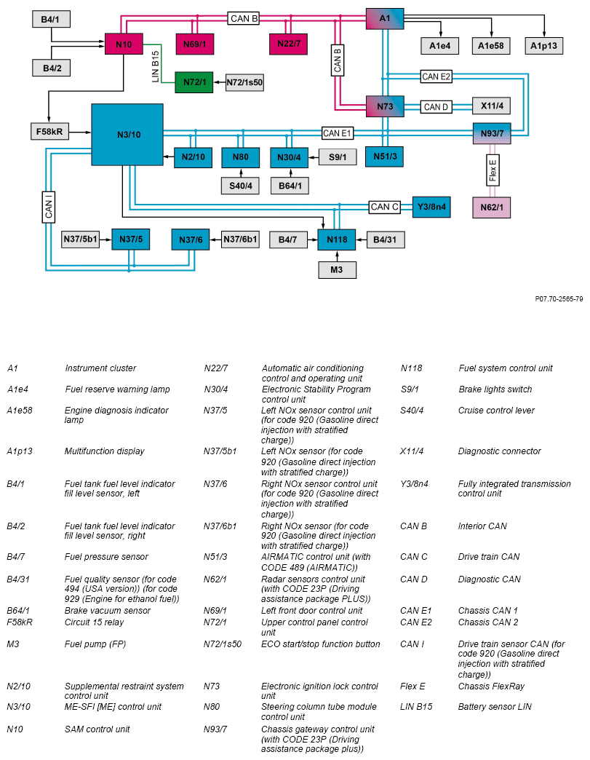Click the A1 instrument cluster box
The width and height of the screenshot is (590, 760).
(385, 18)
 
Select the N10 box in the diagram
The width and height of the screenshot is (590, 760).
(124, 44)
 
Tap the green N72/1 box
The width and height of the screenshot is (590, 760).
(194, 82)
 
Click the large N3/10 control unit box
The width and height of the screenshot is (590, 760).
(127, 134)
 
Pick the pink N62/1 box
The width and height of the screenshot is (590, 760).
(493, 207)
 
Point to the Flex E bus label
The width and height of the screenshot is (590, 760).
(493, 170)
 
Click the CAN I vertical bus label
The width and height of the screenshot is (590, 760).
(49, 206)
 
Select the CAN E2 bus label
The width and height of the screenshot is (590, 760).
(436, 76)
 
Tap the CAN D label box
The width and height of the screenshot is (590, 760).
(436, 107)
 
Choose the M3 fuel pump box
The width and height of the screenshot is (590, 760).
(337, 269)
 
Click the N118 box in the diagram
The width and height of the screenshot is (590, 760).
(337, 240)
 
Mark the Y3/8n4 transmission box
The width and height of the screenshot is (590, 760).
(433, 207)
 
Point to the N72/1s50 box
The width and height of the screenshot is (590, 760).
(244, 82)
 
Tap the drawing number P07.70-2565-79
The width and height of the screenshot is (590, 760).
(558, 298)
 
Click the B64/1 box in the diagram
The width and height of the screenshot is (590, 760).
(290, 186)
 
